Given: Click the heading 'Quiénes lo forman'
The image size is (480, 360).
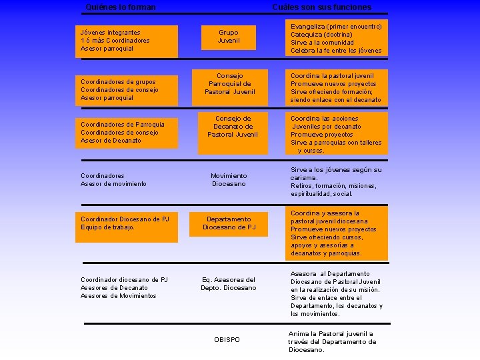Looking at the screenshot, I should (x=121, y=7).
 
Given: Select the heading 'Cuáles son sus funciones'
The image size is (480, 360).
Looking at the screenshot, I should (x=321, y=7).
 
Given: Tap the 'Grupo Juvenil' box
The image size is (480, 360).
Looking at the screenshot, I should (x=228, y=37).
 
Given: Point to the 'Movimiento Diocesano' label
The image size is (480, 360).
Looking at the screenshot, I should (x=228, y=180).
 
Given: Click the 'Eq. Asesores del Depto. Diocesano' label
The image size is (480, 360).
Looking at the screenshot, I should (x=228, y=284).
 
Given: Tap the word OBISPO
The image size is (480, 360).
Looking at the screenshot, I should (x=227, y=340).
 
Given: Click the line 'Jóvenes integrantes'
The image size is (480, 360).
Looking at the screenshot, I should (x=110, y=32).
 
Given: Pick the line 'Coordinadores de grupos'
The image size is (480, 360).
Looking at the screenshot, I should (x=118, y=82).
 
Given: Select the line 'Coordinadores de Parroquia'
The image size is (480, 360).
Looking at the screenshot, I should (x=122, y=125).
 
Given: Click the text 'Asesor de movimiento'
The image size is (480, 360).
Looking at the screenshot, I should (x=113, y=184).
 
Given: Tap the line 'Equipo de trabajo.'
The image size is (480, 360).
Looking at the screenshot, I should (x=107, y=227).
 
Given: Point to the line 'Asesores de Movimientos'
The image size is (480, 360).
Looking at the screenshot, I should (x=118, y=296).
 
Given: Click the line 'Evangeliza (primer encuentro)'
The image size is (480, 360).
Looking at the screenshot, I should (x=336, y=27).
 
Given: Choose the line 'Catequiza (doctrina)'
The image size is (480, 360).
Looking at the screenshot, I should (x=321, y=35).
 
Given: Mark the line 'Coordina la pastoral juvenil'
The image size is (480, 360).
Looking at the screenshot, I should (x=332, y=76).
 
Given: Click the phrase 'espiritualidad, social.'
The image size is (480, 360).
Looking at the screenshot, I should (x=321, y=194).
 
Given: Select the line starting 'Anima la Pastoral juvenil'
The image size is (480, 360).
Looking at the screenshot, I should (x=331, y=334).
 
